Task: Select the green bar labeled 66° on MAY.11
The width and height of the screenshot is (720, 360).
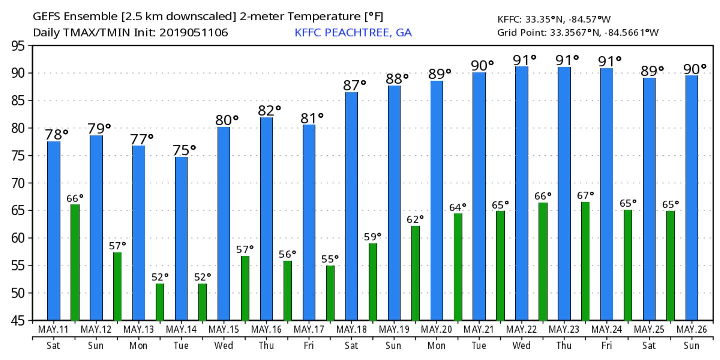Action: point(75,262)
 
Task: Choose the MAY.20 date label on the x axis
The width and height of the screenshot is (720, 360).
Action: point(436,330)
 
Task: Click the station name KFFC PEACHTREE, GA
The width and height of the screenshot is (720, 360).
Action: point(353,33)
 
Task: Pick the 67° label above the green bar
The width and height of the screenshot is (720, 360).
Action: point(585,195)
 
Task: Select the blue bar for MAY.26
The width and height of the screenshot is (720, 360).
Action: point(692,198)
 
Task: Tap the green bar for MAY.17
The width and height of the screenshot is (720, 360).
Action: point(330,293)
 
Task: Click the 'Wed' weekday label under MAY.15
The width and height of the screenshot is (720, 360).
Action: point(224,346)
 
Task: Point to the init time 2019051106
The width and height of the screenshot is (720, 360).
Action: point(199,33)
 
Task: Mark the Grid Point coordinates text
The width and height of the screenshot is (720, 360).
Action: point(578,33)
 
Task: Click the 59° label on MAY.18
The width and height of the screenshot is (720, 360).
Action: point(372,236)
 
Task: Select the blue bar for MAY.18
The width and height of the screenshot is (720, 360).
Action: point(351,206)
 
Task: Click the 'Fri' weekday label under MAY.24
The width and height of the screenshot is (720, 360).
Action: point(607,346)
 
